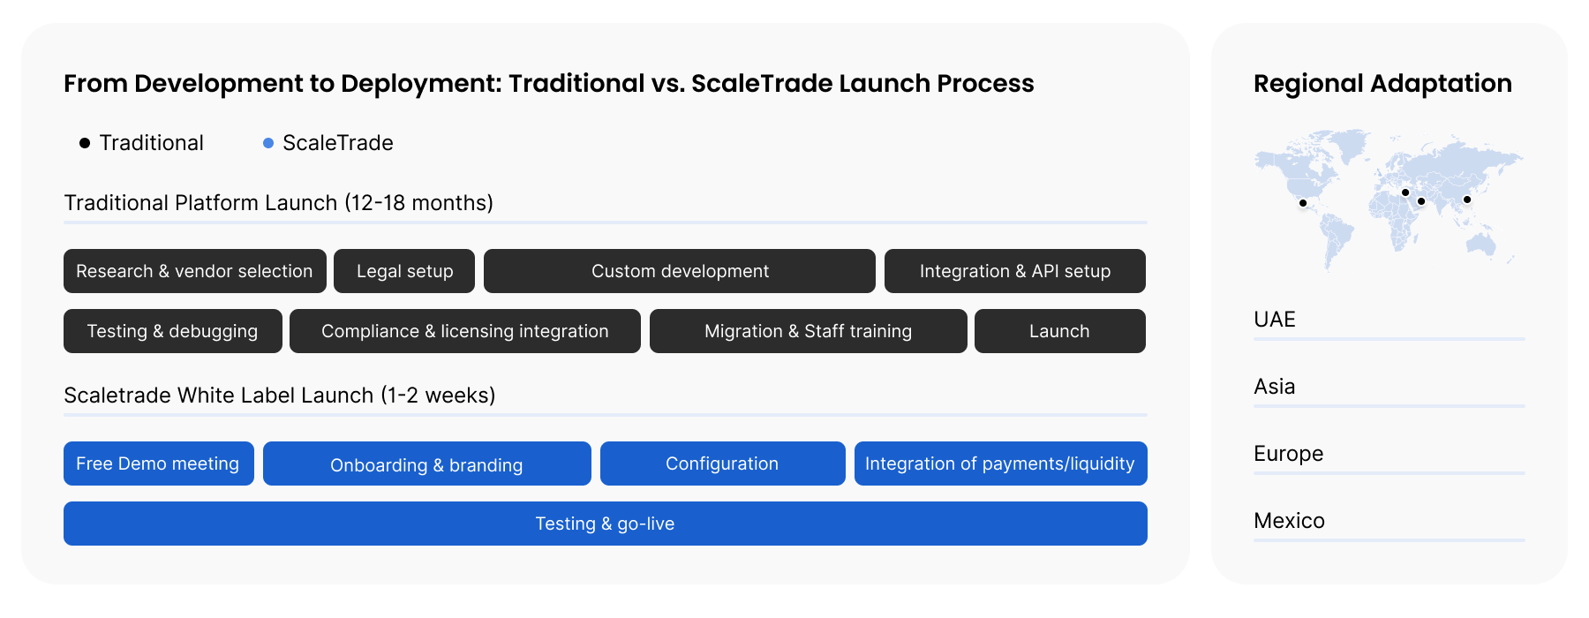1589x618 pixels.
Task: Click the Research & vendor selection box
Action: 195,271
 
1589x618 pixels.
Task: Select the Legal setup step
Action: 404,271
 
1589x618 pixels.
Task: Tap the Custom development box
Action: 680,271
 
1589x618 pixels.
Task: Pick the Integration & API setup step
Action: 1015,271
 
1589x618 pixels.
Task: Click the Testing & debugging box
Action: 173,331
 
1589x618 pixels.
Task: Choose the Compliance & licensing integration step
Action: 465,331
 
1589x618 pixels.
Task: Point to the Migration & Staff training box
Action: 809,331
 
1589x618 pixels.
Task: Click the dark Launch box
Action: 1060,331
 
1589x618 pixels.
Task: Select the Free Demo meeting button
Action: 159,463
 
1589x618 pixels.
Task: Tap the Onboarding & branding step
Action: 427,463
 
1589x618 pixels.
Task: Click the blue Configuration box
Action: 723,463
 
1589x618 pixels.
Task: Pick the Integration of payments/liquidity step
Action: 1001,463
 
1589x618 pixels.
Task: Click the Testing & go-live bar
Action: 606,524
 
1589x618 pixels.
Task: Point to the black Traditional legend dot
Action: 85,143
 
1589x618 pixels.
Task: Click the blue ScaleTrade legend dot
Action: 268,143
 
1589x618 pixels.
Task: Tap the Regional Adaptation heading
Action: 1382,84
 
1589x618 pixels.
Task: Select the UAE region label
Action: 1275,320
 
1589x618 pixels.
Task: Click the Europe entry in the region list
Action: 1289,454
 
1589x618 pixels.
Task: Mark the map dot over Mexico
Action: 1303,203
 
